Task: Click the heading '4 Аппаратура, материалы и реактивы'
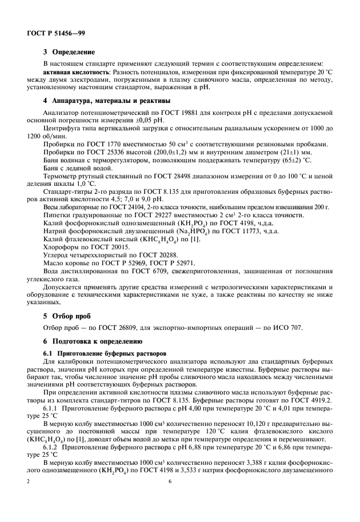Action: pos(107,101)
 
